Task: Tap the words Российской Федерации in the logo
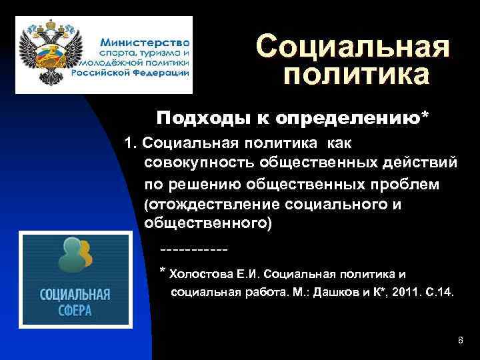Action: coord(136,73)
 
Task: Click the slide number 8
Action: coord(461,341)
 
